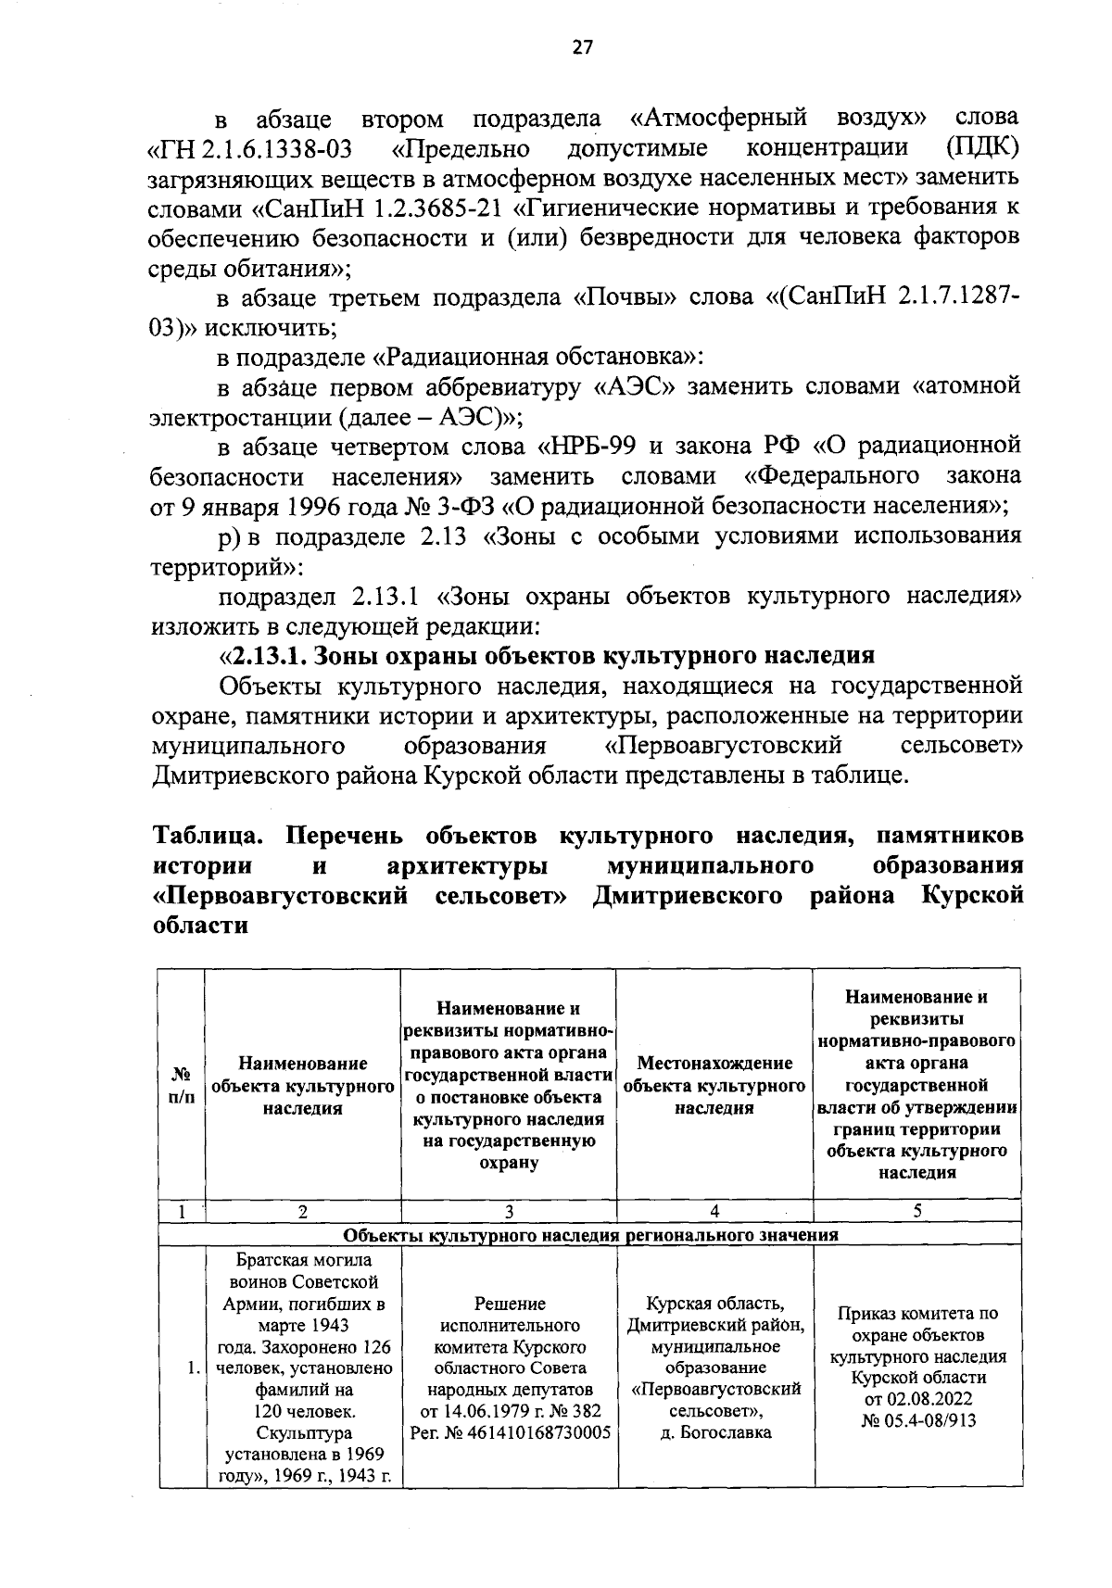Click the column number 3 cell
tap(509, 1211)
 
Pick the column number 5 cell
tap(916, 1211)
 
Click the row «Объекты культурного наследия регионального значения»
tap(590, 1235)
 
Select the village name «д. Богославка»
tap(714, 1432)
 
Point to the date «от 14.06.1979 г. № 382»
tap(509, 1411)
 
